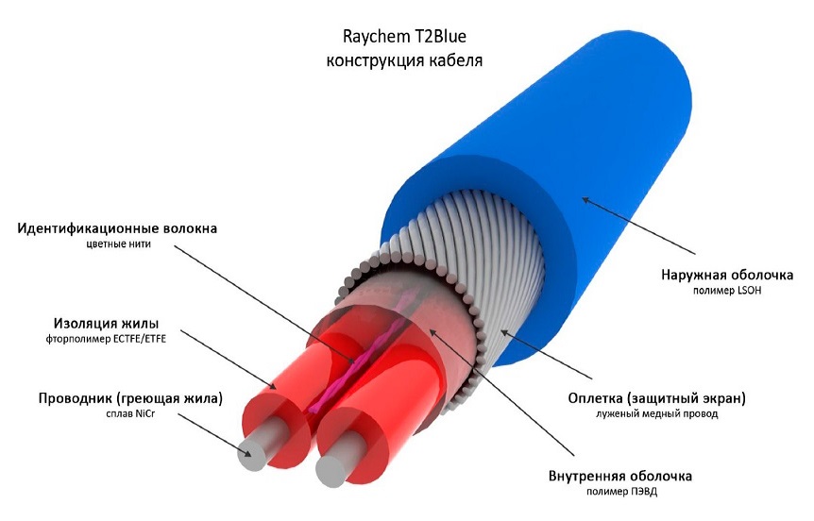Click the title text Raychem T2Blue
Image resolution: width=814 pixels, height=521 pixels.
pos(404,37)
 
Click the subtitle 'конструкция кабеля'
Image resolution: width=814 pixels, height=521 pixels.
pos(404,60)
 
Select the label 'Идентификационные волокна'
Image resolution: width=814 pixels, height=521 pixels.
pos(117,228)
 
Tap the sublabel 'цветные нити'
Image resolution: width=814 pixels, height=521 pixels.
pos(119,244)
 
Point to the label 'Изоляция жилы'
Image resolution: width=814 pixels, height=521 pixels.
pos(107,324)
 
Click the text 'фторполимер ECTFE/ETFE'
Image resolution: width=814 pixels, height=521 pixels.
pos(106,340)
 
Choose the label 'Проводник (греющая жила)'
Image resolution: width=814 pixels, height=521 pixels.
pos(130,398)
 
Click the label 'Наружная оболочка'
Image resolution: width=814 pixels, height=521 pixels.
pos(727,275)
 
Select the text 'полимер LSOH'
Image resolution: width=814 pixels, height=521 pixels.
pos(727,291)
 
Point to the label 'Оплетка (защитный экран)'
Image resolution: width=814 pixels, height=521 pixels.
pos(656,398)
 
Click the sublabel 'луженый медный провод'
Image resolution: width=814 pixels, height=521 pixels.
pos(656,414)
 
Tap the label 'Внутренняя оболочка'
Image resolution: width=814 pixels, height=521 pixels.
pos(620,476)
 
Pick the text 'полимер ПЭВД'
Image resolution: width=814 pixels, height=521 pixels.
pos(621,492)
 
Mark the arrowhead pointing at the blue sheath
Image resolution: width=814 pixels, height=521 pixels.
pos(585,199)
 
